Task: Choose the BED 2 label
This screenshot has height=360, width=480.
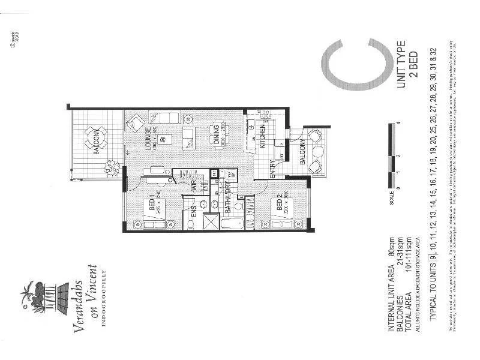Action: pos(280,209)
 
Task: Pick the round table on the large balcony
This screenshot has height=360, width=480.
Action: pos(95,136)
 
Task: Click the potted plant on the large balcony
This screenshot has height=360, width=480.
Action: pos(112,168)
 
